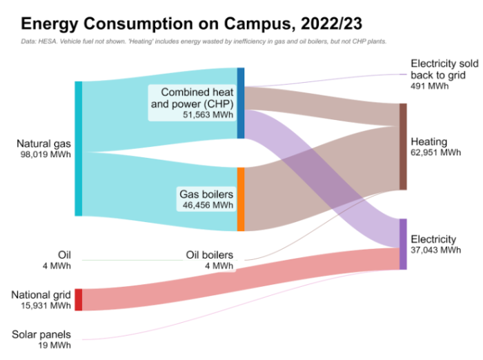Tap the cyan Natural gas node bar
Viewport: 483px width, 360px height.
point(79,148)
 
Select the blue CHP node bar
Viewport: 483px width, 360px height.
point(241,103)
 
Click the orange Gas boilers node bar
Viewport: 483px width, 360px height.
point(241,199)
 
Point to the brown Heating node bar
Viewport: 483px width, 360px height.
point(403,146)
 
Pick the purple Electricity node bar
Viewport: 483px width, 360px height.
point(403,244)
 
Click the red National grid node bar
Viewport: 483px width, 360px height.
point(79,299)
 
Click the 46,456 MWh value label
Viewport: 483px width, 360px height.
point(206,205)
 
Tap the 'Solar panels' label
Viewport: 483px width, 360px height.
point(41,334)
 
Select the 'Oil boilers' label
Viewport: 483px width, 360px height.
point(209,254)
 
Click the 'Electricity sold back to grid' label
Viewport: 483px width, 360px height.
point(439,69)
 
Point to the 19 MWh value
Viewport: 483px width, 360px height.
point(55,345)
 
